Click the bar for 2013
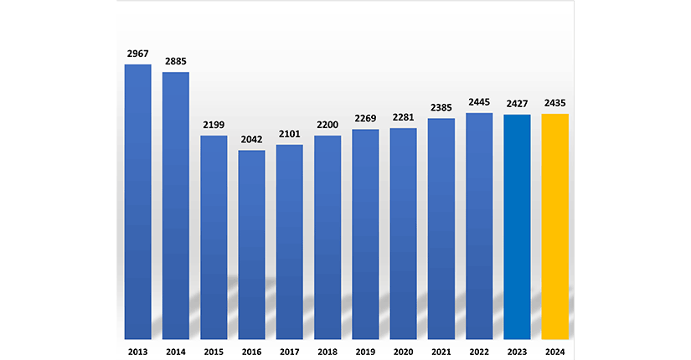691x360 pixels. pyautogui.click(x=138, y=201)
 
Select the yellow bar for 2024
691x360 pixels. pyautogui.click(x=555, y=225)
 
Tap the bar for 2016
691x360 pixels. pyautogui.click(x=252, y=244)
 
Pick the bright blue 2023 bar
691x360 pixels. pyautogui.click(x=517, y=226)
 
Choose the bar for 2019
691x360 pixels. pyautogui.click(x=365, y=234)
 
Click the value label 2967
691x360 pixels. pyautogui.click(x=138, y=54)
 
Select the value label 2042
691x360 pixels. pyautogui.click(x=252, y=140)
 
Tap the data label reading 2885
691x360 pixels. pyautogui.click(x=176, y=61)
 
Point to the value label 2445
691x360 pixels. pyautogui.click(x=479, y=102)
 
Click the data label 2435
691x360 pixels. pyautogui.click(x=555, y=103)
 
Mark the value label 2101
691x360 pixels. pyautogui.click(x=290, y=134)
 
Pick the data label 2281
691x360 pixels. pyautogui.click(x=404, y=117)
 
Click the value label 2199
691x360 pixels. pyautogui.click(x=214, y=125)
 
